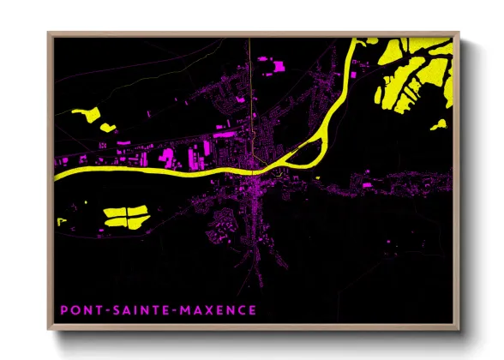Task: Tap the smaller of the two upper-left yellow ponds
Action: click(x=108, y=127)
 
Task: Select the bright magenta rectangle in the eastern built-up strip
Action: click(x=367, y=183)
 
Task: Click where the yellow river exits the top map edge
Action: click(x=360, y=39)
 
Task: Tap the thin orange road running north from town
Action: click(x=249, y=86)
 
